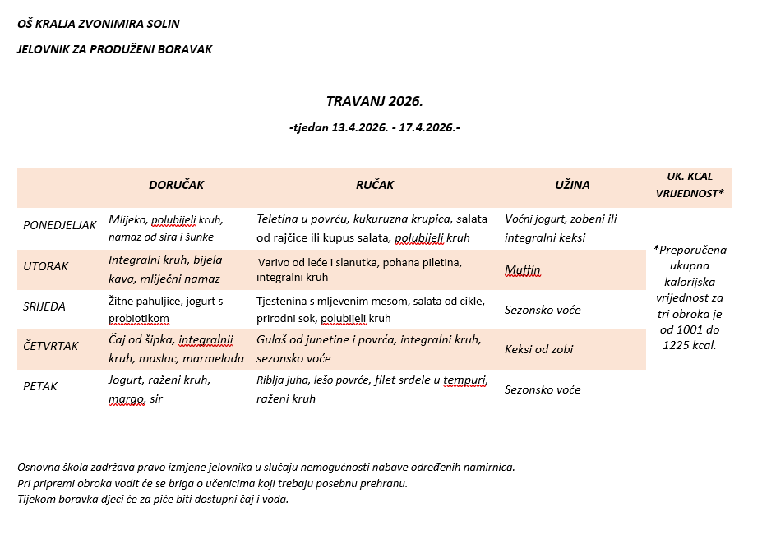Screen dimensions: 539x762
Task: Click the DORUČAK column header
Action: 176,185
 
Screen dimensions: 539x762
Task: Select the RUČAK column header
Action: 374,185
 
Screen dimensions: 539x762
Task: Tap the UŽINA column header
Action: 572,185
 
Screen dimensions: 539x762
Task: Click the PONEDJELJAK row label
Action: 60,225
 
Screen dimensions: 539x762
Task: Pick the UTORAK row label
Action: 46,266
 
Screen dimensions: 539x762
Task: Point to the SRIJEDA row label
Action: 45,306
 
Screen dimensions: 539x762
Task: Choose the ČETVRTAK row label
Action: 51,346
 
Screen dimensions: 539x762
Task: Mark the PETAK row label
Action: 40,386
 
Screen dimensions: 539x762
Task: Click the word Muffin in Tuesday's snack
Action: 523,269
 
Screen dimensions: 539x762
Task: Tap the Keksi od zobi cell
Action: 539,349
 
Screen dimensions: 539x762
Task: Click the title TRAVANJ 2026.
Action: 374,102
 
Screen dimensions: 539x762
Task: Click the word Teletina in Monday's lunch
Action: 278,219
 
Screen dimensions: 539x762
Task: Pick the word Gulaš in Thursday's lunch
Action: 272,339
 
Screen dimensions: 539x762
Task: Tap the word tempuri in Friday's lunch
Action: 465,380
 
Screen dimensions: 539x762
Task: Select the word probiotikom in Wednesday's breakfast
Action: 139,318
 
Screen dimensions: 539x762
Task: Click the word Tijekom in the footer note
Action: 37,499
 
